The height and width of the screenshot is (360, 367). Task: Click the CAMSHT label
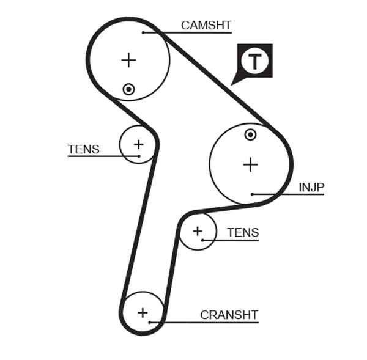pyautogui.click(x=206, y=25)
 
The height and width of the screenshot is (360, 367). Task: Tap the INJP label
pyautogui.click(x=311, y=187)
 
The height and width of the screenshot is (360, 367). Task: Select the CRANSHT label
pyautogui.click(x=229, y=315)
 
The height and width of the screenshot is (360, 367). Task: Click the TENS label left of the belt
pyautogui.click(x=84, y=149)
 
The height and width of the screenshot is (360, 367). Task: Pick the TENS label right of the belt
pyautogui.click(x=243, y=233)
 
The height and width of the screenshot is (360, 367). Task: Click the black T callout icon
pyautogui.click(x=254, y=61)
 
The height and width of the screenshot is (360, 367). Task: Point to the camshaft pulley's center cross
pyautogui.click(x=128, y=60)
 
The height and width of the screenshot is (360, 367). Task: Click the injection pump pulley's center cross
pyautogui.click(x=250, y=164)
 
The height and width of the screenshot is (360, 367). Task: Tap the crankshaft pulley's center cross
pyautogui.click(x=143, y=313)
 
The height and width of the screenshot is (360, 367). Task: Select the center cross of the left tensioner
pyautogui.click(x=139, y=144)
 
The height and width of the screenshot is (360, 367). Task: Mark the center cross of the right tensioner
pyautogui.click(x=197, y=231)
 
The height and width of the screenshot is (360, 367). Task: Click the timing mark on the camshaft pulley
pyautogui.click(x=128, y=89)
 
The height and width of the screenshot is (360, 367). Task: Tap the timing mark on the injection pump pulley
pyautogui.click(x=250, y=134)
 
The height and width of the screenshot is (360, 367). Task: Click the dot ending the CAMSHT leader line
pyautogui.click(x=143, y=32)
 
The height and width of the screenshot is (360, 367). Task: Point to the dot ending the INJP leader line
pyautogui.click(x=252, y=194)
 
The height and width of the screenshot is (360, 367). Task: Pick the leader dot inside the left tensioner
pyautogui.click(x=139, y=156)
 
